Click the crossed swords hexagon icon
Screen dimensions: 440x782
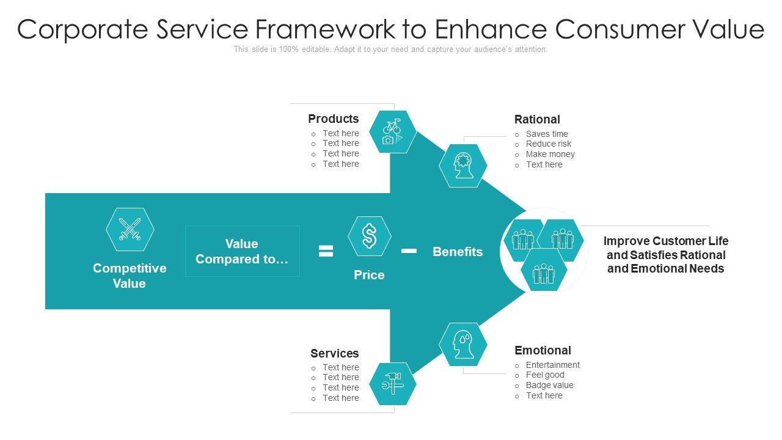tap(130, 229)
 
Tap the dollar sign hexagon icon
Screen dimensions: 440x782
tap(370, 236)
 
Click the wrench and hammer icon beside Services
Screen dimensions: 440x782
tap(392, 384)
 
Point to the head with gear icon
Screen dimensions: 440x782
tap(463, 165)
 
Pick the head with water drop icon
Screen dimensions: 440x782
tap(463, 344)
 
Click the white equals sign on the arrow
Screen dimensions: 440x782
tap(326, 251)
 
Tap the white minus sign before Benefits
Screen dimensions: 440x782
tap(409, 251)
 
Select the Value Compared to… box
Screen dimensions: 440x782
tap(242, 251)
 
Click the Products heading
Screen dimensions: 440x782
tap(333, 119)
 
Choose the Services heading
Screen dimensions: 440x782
tap(334, 353)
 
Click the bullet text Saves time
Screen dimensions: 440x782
tap(547, 134)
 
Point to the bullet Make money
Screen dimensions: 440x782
tap(550, 154)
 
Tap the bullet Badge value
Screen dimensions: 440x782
tap(549, 385)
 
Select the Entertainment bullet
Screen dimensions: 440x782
tap(552, 365)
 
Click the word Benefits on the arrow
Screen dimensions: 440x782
tap(458, 252)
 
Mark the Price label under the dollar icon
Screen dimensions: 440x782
tap(369, 275)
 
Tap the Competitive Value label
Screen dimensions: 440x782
tap(130, 276)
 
